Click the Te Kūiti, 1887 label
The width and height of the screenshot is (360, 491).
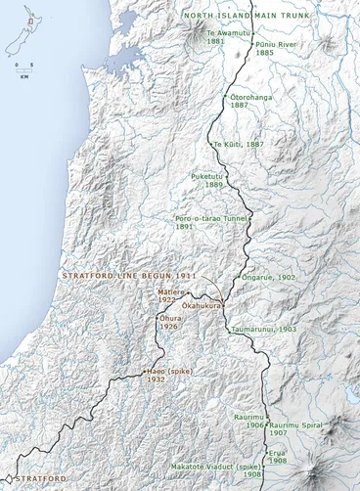(239, 144)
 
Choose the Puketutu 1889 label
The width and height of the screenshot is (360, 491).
(208, 180)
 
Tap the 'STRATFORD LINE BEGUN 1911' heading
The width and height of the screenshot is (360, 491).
(129, 277)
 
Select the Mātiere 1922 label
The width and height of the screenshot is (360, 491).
(173, 295)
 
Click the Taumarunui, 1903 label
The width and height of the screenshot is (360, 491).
(263, 330)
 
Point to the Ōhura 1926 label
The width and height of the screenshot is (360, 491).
(172, 322)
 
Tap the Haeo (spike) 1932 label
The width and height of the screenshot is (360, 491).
(169, 376)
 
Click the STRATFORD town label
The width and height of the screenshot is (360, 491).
(41, 477)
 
